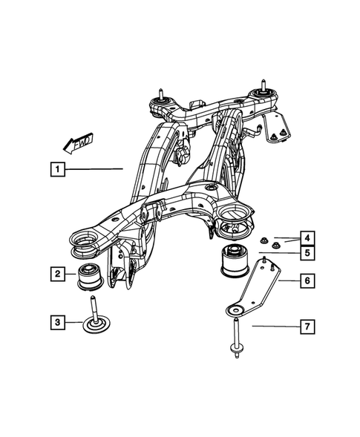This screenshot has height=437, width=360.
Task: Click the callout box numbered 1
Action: click(56, 169)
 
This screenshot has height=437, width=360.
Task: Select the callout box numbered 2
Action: click(56, 274)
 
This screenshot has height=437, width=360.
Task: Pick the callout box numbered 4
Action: click(305, 238)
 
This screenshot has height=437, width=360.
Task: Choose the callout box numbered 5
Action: click(305, 254)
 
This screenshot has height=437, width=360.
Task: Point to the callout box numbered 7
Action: click(305, 326)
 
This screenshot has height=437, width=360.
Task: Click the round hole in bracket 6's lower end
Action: click(236, 311)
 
